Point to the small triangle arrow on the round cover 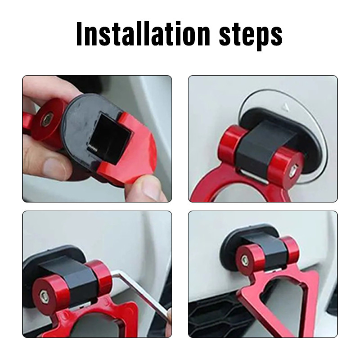click(285, 106)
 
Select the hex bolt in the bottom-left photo click(43, 296)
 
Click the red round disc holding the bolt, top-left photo click(49, 120)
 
